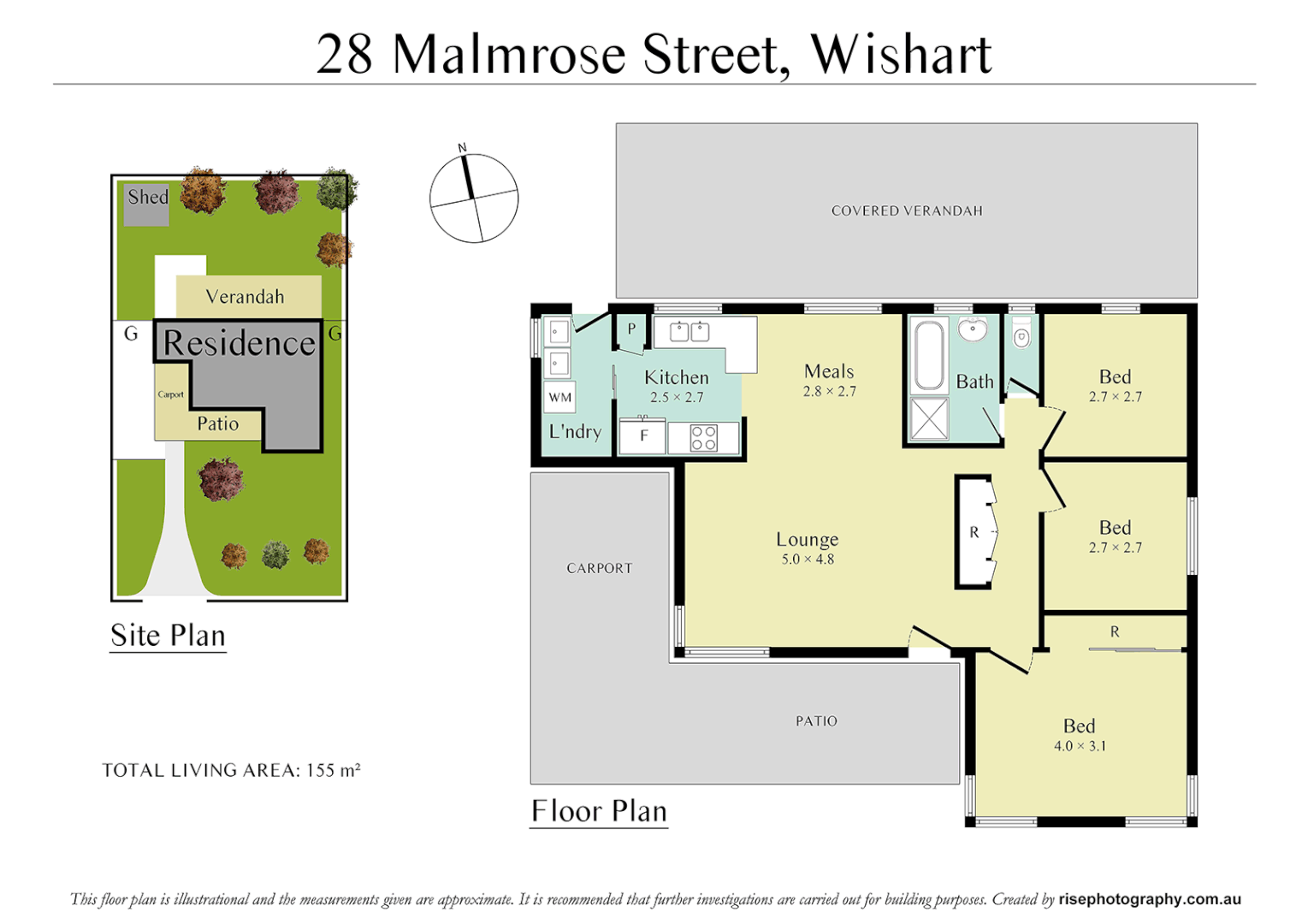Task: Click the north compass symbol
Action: pyautogui.click(x=473, y=198)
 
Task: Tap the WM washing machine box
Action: pyautogui.click(x=560, y=397)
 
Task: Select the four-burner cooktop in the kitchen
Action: pyautogui.click(x=703, y=438)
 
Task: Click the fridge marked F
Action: pyautogui.click(x=643, y=436)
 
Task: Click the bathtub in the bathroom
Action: pyautogui.click(x=929, y=354)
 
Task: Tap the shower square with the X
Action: pyautogui.click(x=929, y=418)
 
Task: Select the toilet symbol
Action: pyautogui.click(x=1021, y=336)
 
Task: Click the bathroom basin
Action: pyautogui.click(x=973, y=329)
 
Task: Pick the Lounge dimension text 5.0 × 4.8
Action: pyautogui.click(x=807, y=560)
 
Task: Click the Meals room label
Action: pyautogui.click(x=829, y=371)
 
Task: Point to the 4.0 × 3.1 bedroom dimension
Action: pyautogui.click(x=1080, y=746)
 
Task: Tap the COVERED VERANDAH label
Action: pyautogui.click(x=907, y=210)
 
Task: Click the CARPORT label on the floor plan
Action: pyautogui.click(x=599, y=568)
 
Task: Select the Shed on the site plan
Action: pyautogui.click(x=146, y=204)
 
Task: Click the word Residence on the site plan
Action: pyautogui.click(x=240, y=343)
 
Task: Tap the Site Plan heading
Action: pyautogui.click(x=168, y=636)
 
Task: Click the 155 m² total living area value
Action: pyautogui.click(x=333, y=770)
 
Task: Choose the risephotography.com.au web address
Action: pyautogui.click(x=1149, y=899)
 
